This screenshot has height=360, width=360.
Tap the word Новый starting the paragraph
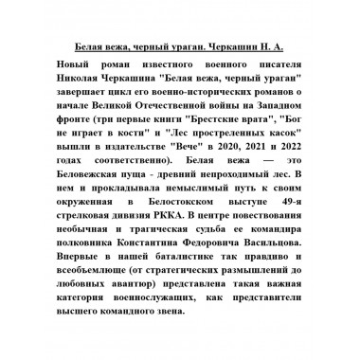coord(67,62)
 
